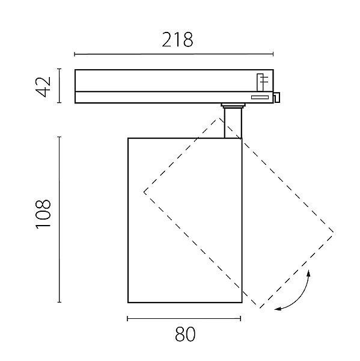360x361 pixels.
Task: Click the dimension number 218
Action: coord(177,40)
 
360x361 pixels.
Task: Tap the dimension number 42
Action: coord(43,87)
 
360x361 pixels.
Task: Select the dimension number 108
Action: coord(43,214)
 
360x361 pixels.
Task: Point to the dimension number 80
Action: coord(185,335)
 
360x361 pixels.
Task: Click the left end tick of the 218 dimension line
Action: coord(75,54)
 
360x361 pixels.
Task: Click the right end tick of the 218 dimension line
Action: coord(273,54)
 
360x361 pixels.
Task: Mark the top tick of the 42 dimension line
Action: coord(59,69)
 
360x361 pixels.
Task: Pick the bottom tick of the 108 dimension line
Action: coord(59,302)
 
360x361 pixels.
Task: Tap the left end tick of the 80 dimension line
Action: coord(127,319)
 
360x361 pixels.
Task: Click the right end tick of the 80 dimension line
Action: coord(240,319)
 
